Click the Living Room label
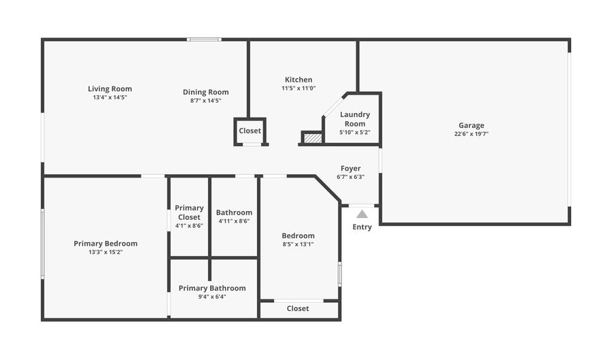109,88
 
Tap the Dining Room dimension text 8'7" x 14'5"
205,101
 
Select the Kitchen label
299,80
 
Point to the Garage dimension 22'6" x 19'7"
471,134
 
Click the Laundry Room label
355,119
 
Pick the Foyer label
350,168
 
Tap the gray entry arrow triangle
362,214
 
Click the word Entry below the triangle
362,227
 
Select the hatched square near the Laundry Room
312,138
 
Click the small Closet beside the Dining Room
250,131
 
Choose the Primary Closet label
189,212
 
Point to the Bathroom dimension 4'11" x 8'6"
234,221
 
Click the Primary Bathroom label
212,288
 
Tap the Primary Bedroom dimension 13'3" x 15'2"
105,252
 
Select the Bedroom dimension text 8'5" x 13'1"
298,244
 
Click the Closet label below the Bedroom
298,308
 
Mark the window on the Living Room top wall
204,39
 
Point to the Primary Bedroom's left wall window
42,243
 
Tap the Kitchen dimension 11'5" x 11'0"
299,88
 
